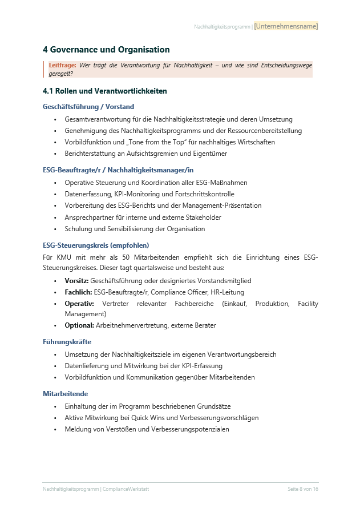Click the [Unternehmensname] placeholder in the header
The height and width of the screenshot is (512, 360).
tap(286, 26)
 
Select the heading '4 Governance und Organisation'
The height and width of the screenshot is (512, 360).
tap(106, 50)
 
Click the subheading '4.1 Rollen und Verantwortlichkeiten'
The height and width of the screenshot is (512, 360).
tap(105, 91)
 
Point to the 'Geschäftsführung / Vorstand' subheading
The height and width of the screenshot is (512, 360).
tap(88, 106)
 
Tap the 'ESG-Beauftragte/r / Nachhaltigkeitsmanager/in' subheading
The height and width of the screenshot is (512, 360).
tap(118, 170)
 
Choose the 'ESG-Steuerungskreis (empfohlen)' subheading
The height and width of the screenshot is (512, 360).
tap(95, 245)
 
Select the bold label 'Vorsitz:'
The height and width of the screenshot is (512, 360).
tap(76, 281)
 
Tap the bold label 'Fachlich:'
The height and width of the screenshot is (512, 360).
tap(78, 292)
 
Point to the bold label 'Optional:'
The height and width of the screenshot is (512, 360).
tap(79, 325)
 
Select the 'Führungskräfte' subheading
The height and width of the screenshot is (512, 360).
tap(67, 342)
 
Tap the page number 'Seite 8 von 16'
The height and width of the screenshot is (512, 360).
tap(302, 490)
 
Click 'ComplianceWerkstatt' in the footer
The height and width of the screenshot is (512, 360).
tap(126, 490)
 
